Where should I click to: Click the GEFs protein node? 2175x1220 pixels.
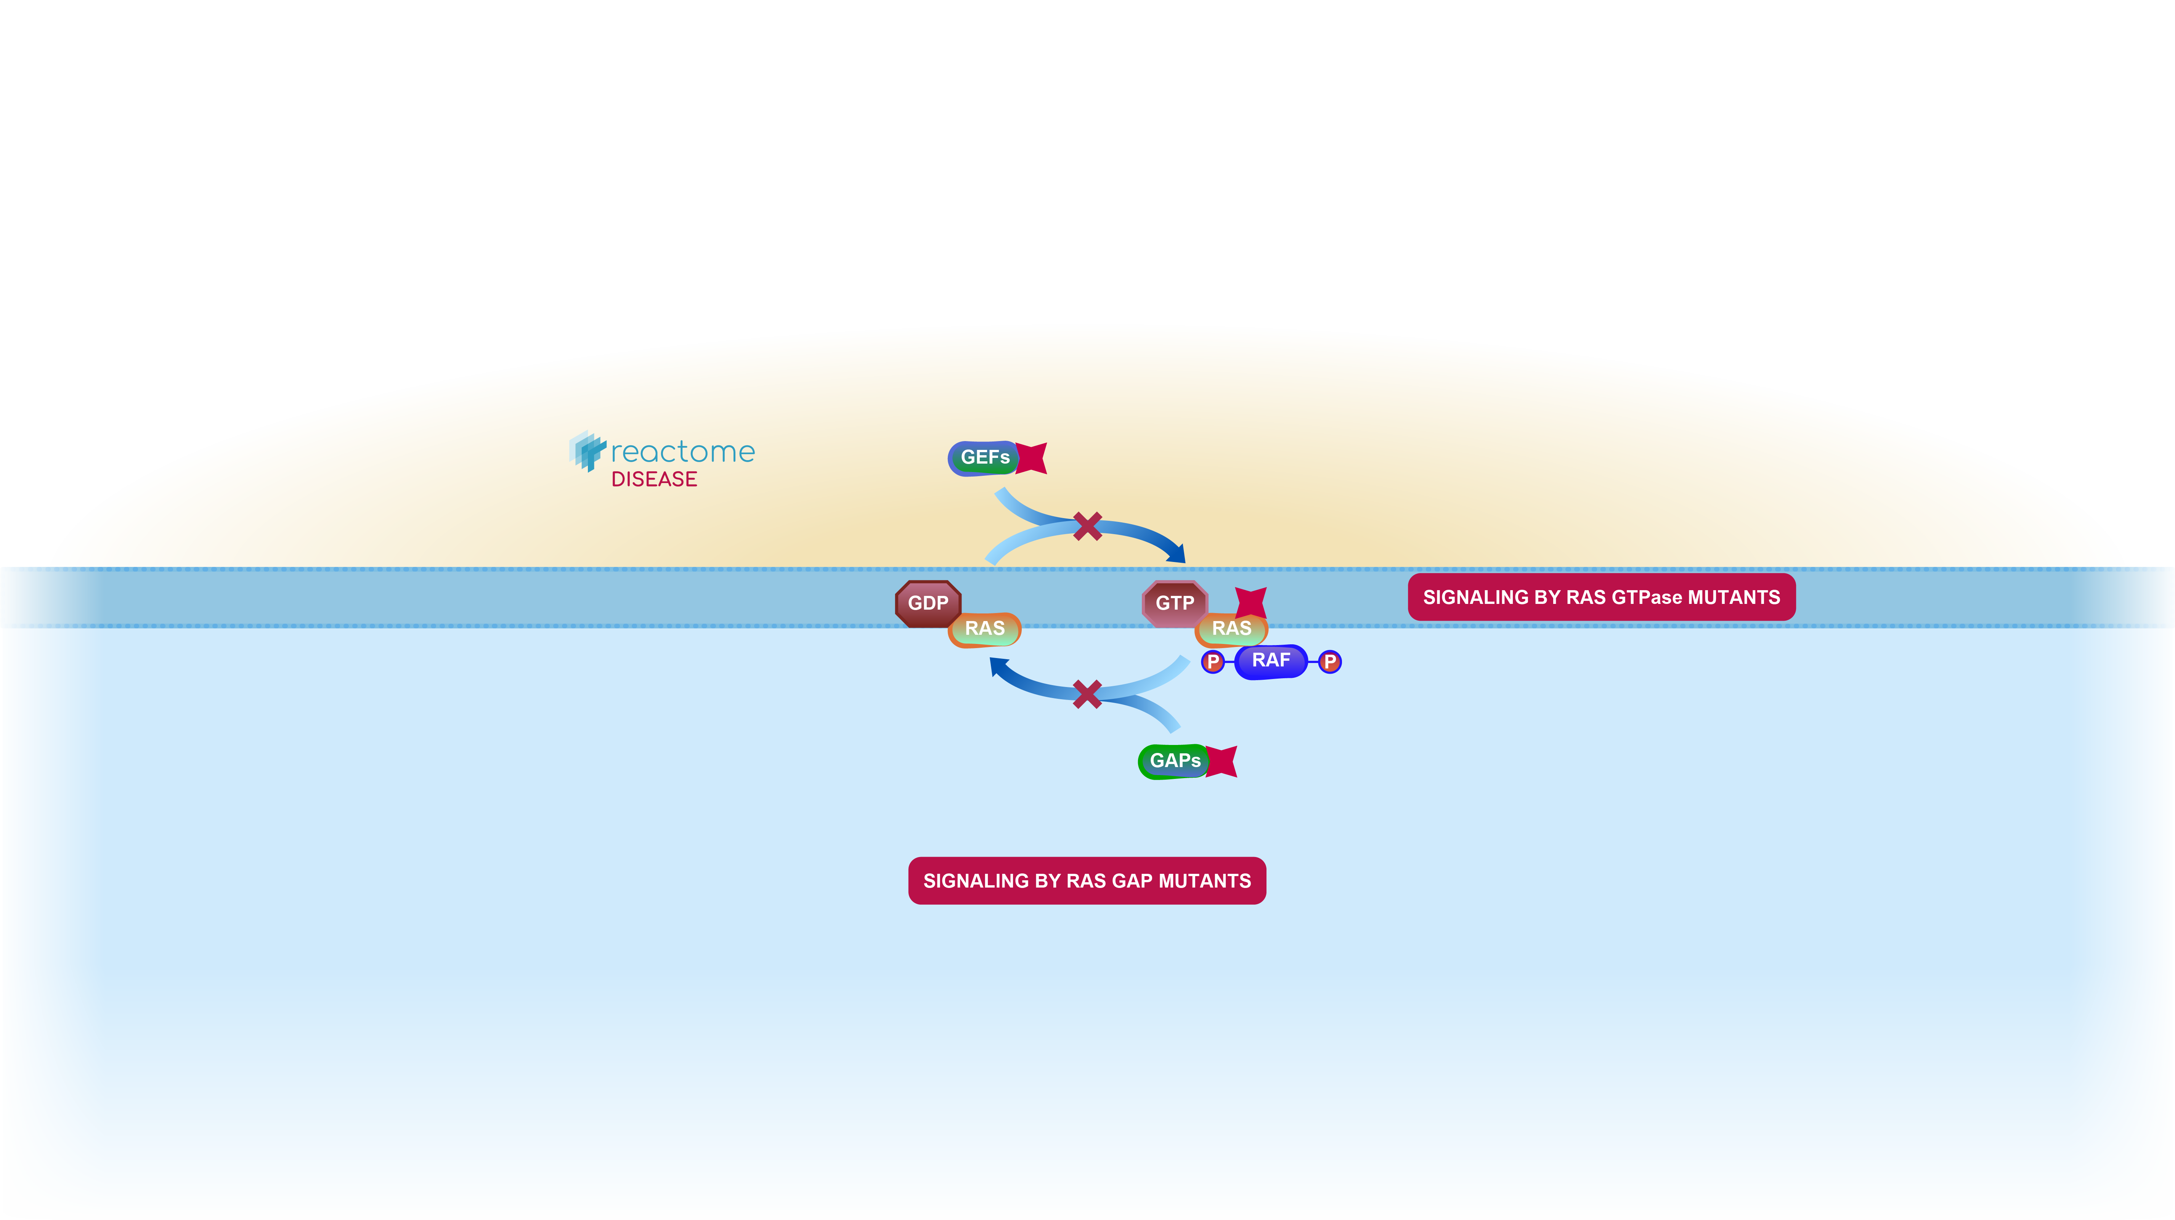click(x=984, y=457)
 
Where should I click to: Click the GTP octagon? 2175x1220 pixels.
click(x=1175, y=603)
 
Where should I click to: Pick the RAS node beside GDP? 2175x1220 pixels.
click(x=984, y=629)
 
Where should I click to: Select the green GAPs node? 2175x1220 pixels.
click(x=1173, y=761)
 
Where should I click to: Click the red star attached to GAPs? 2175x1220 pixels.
click(x=1222, y=761)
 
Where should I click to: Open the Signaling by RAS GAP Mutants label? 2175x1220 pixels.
click(x=1087, y=881)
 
